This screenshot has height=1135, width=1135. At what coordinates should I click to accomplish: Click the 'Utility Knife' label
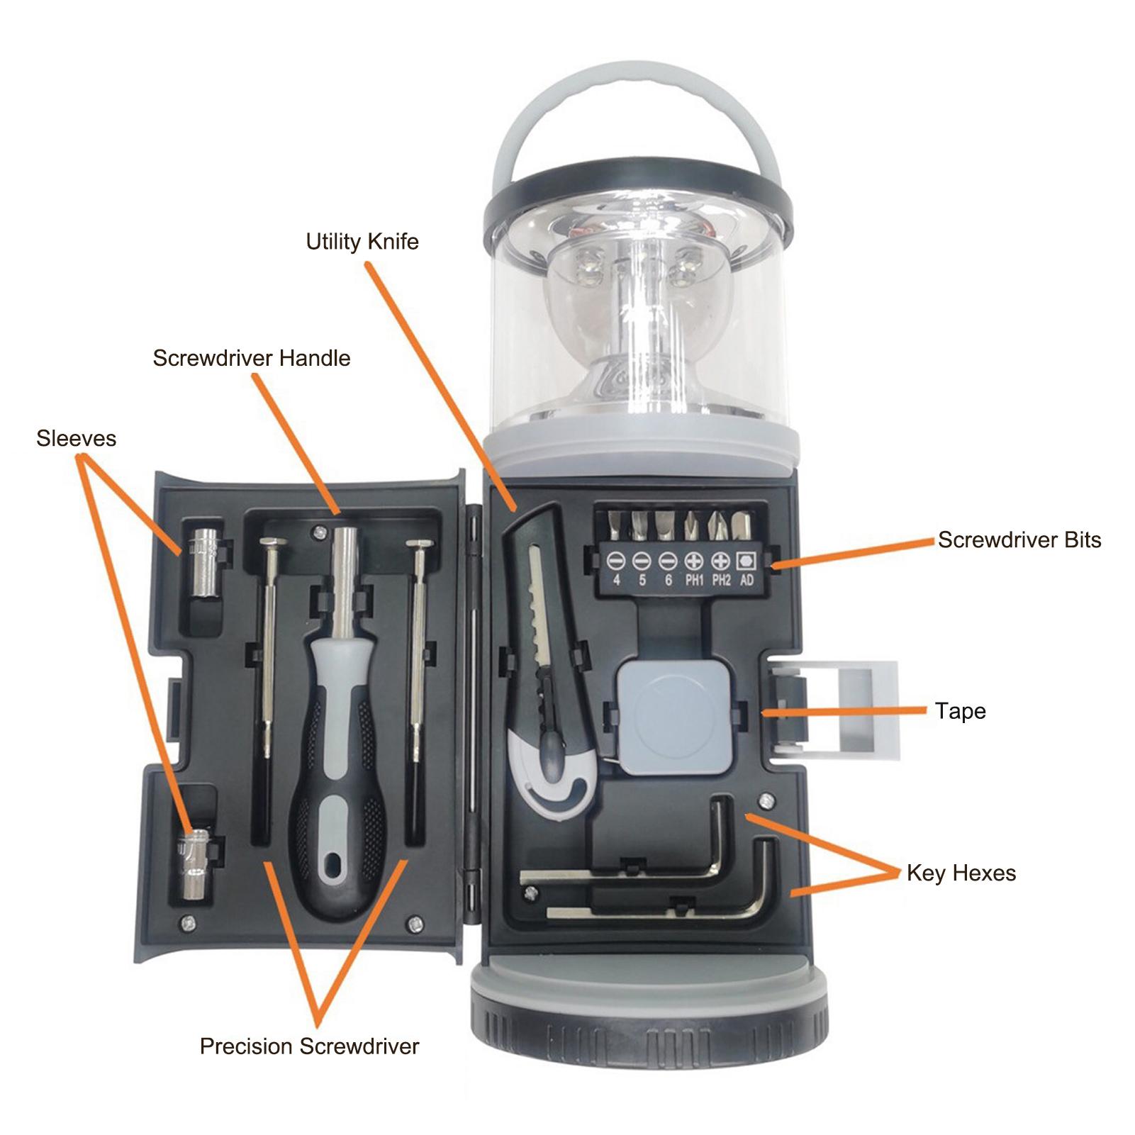coord(362,242)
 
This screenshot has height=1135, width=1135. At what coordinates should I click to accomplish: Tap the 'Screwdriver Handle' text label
coord(251,358)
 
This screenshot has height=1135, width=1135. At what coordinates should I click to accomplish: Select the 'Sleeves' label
coord(76,438)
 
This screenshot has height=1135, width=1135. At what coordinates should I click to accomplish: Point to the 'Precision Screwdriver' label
coord(309,1046)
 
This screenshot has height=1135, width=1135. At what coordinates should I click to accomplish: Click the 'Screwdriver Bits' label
coord(1019,540)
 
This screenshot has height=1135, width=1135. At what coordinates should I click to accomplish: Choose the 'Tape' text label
coord(960,711)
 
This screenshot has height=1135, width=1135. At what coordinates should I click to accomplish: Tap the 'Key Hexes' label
coord(961,873)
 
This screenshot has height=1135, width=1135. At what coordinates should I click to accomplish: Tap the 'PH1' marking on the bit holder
coord(694,581)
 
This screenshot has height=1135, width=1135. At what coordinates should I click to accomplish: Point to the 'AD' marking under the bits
coord(747,581)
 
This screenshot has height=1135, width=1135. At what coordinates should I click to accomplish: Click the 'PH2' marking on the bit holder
coord(721,581)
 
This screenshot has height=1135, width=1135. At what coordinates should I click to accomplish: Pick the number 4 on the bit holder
coord(617,581)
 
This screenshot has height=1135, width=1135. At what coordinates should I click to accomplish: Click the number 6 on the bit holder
coord(668,581)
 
